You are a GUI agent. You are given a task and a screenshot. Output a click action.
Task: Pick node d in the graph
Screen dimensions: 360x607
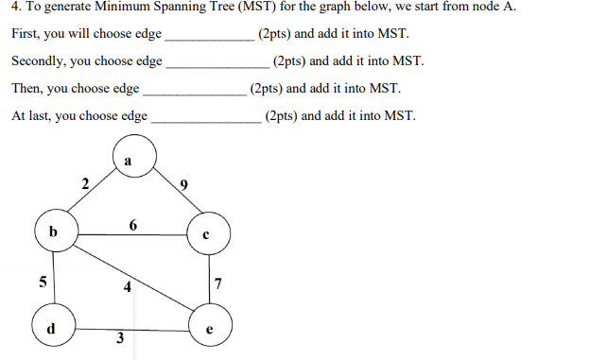click(x=53, y=327)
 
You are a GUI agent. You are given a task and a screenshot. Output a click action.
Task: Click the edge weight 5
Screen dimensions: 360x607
click(x=41, y=281)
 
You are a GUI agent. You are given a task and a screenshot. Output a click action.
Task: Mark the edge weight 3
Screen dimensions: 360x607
click(x=118, y=339)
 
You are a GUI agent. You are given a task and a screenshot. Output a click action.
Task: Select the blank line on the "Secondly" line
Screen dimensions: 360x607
click(x=217, y=65)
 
